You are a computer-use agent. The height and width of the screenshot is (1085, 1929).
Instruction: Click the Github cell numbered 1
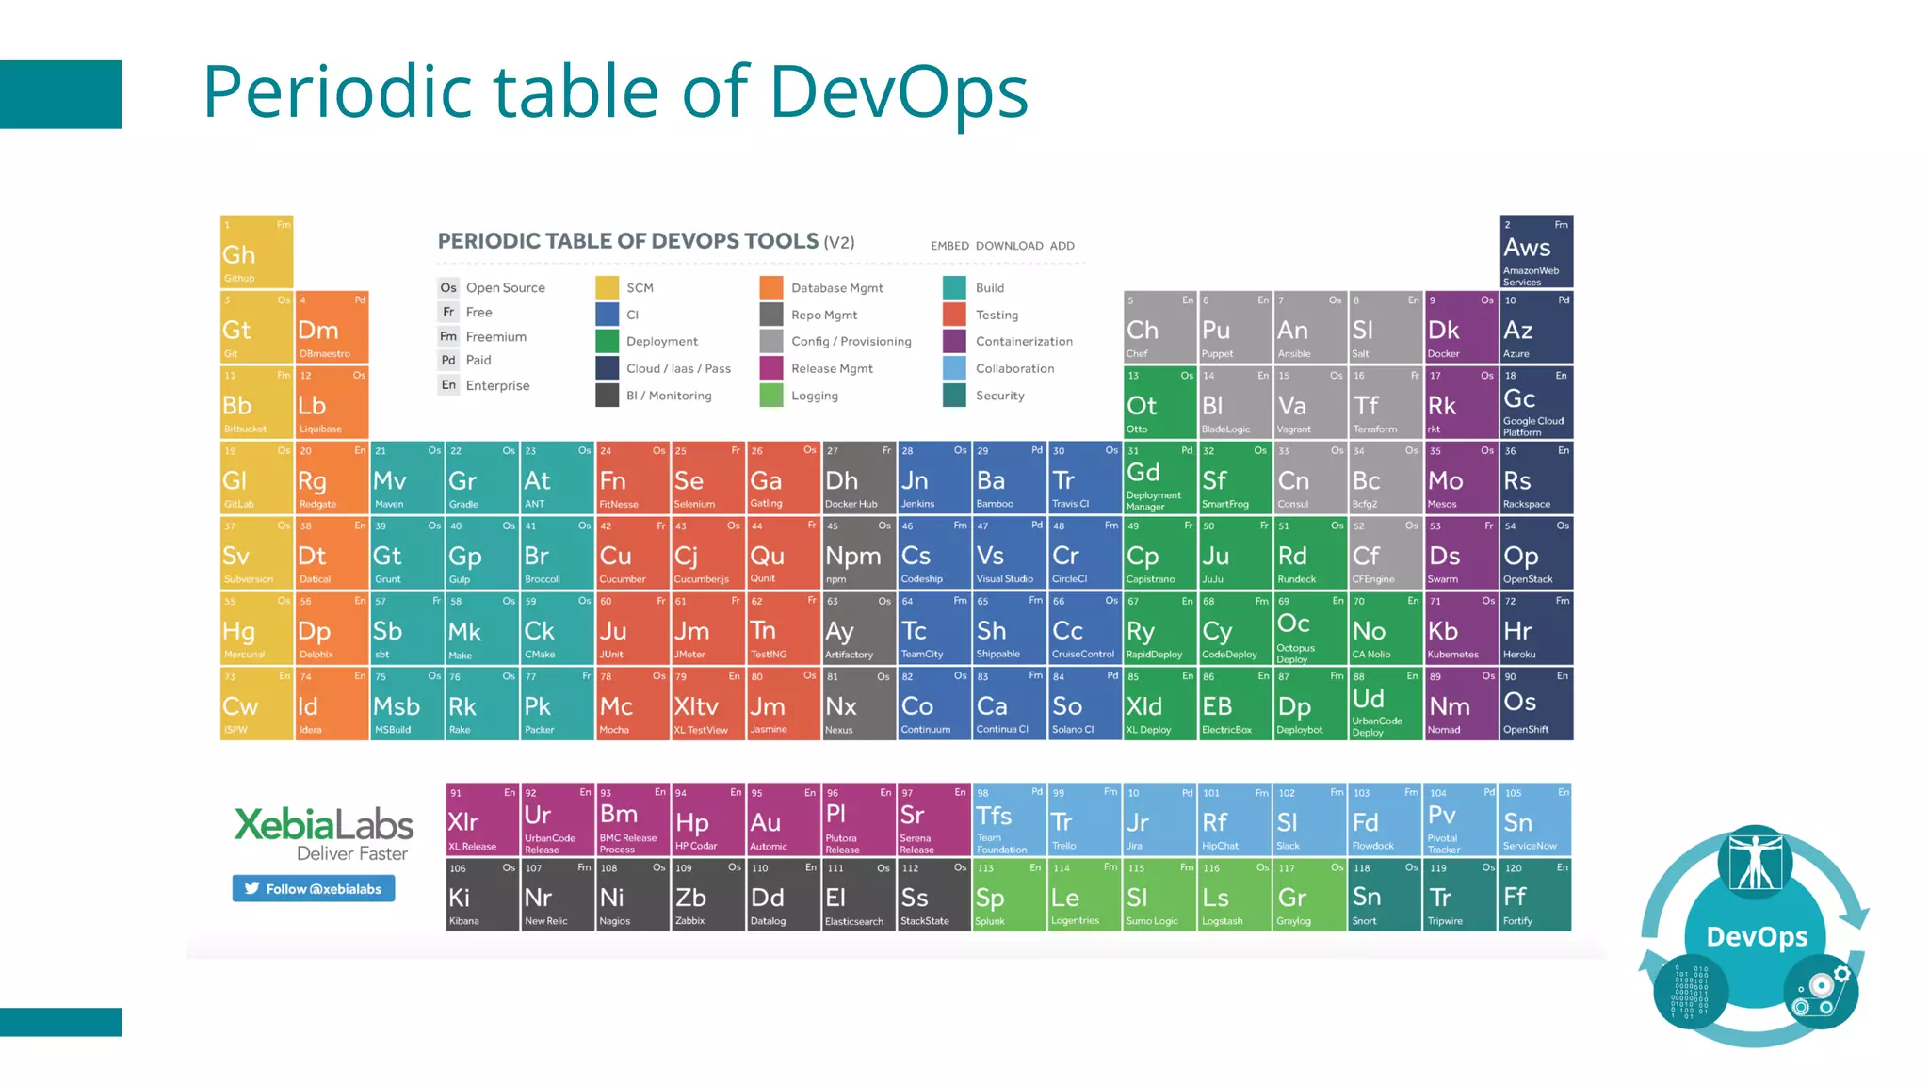point(256,251)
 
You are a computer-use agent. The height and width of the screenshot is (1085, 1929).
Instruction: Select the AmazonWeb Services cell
point(1536,251)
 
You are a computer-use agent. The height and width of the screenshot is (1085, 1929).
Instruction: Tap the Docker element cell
point(1460,327)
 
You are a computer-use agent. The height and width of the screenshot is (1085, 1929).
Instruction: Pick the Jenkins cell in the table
point(933,478)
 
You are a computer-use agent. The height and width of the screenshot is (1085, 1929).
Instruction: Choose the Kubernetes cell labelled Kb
point(1460,628)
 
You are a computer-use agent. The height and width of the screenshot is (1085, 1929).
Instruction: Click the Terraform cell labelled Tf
point(1385,402)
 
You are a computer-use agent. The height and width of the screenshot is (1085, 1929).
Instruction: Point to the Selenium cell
point(707,478)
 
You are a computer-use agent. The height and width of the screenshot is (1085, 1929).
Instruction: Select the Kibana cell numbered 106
point(482,895)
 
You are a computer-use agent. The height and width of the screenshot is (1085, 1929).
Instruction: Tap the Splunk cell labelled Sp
point(1009,895)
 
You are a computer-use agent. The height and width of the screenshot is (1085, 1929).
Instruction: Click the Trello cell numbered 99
point(1084,819)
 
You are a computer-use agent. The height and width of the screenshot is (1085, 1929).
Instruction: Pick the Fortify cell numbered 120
point(1535,895)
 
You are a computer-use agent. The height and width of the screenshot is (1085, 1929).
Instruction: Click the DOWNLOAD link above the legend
point(1009,246)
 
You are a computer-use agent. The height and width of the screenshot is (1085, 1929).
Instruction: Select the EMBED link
point(949,246)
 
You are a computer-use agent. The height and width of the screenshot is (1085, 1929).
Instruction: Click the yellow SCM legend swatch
point(608,287)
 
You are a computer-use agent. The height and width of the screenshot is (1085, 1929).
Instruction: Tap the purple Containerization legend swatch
point(954,341)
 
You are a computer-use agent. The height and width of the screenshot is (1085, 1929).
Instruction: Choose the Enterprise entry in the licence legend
point(497,385)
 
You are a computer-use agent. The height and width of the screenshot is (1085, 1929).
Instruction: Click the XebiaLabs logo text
point(323,825)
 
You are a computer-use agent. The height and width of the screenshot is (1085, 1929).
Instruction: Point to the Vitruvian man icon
point(1755,860)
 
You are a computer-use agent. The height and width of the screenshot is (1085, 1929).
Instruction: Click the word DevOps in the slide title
point(899,91)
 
